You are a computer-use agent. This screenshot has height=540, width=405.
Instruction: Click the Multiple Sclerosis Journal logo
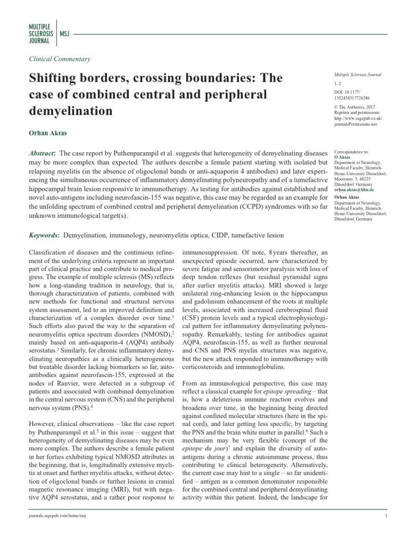tap(39, 33)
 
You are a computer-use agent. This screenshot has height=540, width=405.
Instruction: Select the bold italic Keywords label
tap(44, 235)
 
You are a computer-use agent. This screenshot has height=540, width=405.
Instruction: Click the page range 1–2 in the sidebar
tap(338, 84)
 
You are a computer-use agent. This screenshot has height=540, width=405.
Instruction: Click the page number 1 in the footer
tap(387, 529)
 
